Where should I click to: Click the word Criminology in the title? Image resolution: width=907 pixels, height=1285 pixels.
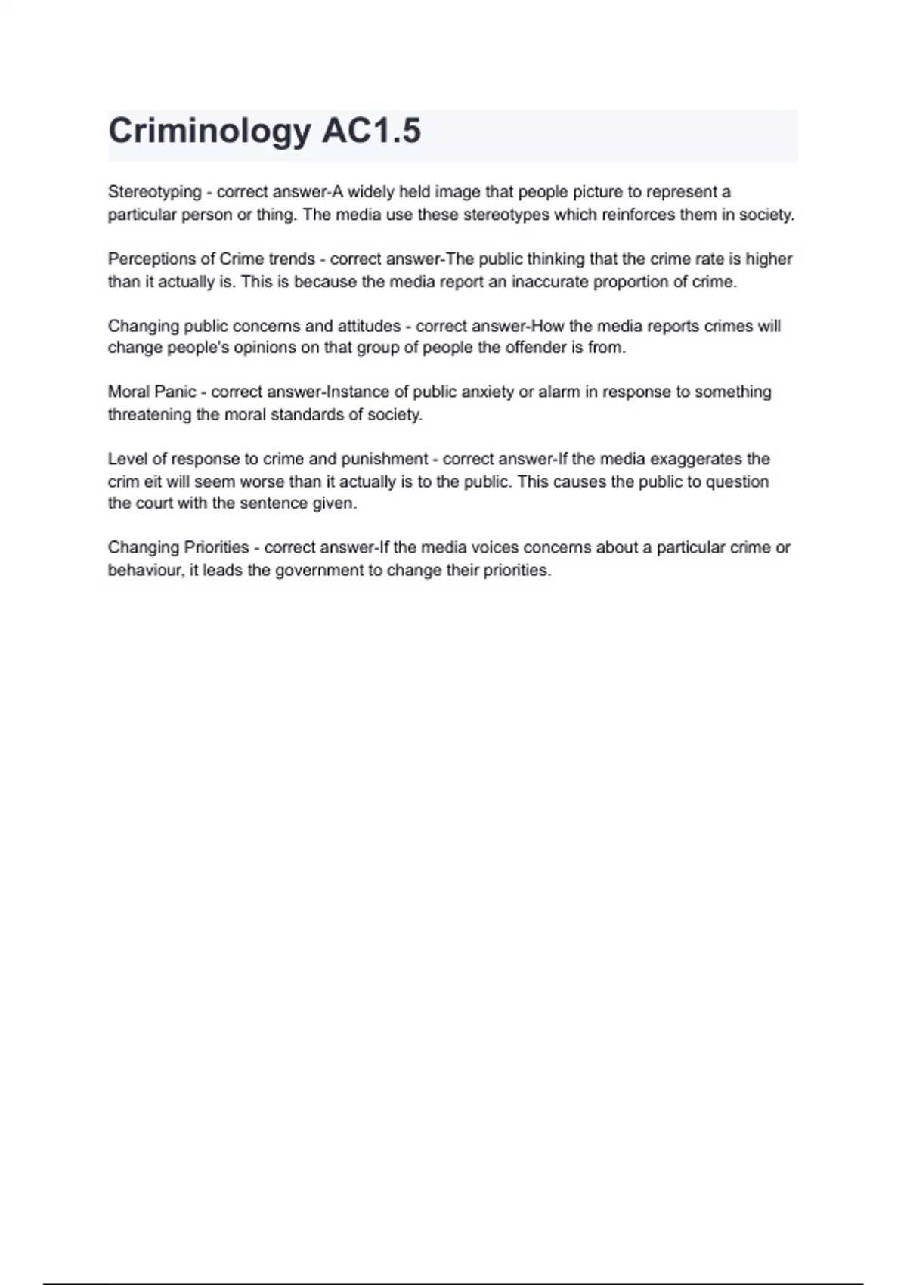pos(209,132)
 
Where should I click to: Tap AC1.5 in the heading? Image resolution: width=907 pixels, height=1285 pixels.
pos(371,132)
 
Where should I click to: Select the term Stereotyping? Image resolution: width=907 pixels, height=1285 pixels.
pos(154,193)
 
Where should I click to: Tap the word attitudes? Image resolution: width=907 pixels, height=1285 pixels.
pos(369,326)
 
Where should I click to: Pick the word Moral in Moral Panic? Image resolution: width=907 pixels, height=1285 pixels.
pos(128,392)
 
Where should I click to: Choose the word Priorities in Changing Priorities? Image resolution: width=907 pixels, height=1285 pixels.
pos(216,547)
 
